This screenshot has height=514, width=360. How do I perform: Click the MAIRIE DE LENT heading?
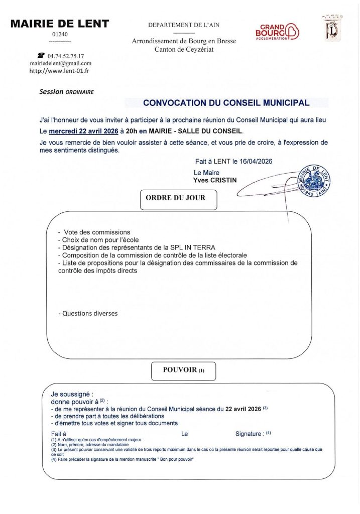coord(60,24)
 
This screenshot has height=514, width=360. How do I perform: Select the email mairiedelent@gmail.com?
coord(60,63)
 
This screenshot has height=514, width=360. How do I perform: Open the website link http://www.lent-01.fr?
coord(60,71)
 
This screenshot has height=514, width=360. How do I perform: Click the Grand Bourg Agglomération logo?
coord(277,32)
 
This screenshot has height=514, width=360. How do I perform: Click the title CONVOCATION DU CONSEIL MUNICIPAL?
coord(226,103)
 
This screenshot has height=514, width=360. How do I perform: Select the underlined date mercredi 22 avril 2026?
coord(83,131)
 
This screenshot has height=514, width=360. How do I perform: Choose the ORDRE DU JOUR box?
coord(176,198)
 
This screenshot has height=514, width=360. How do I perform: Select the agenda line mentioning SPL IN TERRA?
coord(137,247)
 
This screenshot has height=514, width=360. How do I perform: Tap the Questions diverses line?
coord(89,313)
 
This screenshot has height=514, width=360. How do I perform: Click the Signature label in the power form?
coord(249,433)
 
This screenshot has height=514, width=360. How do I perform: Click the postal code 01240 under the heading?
coord(60,33)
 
